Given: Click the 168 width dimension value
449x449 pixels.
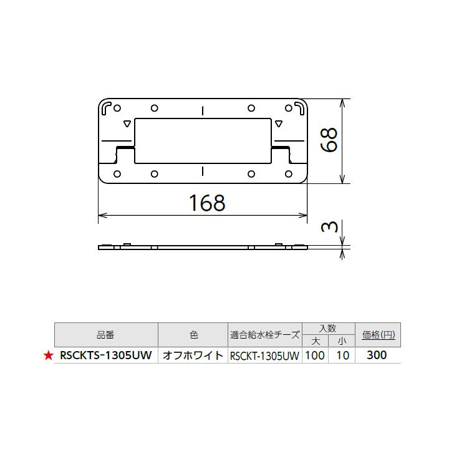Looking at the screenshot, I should click(206, 202).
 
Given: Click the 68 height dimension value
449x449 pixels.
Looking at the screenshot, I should click(329, 140).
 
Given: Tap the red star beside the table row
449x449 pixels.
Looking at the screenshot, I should click(47, 356).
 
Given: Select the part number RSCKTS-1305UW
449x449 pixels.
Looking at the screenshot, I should click(105, 356).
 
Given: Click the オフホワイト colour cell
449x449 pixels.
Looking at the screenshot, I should click(193, 356).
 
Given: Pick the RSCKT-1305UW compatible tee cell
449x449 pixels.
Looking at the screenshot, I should click(265, 356).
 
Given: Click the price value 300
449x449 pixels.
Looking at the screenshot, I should click(377, 355).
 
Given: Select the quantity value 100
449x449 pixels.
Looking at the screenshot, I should click(316, 355).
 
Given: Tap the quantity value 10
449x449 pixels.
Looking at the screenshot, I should click(342, 355).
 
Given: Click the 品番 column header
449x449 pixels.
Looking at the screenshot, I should click(106, 335).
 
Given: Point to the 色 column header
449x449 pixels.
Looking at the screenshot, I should click(193, 335).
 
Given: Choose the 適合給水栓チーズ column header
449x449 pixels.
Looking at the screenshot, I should click(265, 335).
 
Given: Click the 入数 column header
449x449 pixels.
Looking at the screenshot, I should click(328, 328).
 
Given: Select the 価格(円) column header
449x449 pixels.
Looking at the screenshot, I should click(377, 335).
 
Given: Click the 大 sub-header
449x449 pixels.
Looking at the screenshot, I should click(316, 341).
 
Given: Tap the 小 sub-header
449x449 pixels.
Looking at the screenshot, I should click(342, 341).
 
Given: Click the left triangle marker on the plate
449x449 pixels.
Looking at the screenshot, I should click(127, 123).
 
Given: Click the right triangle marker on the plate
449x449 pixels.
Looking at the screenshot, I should click(278, 123).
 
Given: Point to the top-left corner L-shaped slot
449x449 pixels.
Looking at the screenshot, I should click(107, 107).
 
